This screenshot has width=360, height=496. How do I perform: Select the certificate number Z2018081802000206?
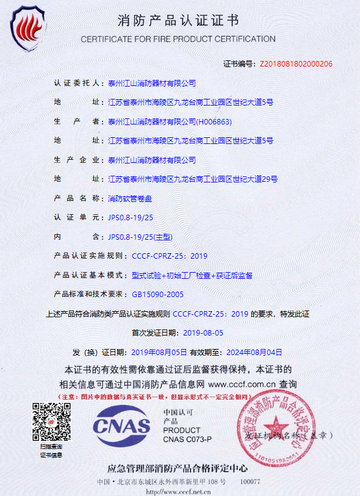pos(296,63)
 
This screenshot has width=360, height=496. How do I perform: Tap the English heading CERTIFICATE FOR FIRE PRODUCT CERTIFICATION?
pos(178,39)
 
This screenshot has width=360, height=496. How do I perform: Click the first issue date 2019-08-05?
pos(203,333)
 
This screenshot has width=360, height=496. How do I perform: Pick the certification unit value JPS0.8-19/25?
pos(131,217)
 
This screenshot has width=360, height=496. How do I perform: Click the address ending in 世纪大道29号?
pos(193,179)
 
